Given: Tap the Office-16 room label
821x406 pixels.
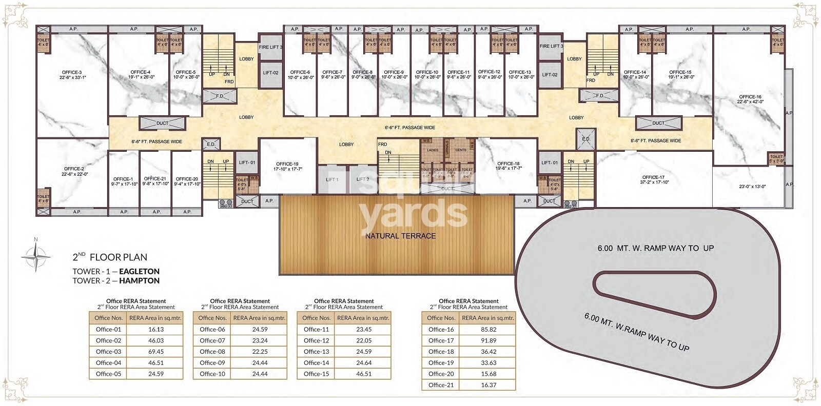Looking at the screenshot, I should [x=750, y=96].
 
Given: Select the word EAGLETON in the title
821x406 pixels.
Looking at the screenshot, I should [x=140, y=272].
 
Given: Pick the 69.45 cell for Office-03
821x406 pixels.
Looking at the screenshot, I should [x=154, y=352].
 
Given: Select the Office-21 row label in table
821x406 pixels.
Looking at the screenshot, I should [x=441, y=385].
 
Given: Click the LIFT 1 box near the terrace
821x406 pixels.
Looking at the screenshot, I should [x=332, y=179].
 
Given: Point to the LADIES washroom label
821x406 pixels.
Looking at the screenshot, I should [x=432, y=150].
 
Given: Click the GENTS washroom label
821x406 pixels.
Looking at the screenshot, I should [x=460, y=150].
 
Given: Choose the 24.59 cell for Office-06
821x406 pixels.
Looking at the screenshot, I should [x=258, y=330].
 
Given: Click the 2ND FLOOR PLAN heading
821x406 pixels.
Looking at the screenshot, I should [x=110, y=258].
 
